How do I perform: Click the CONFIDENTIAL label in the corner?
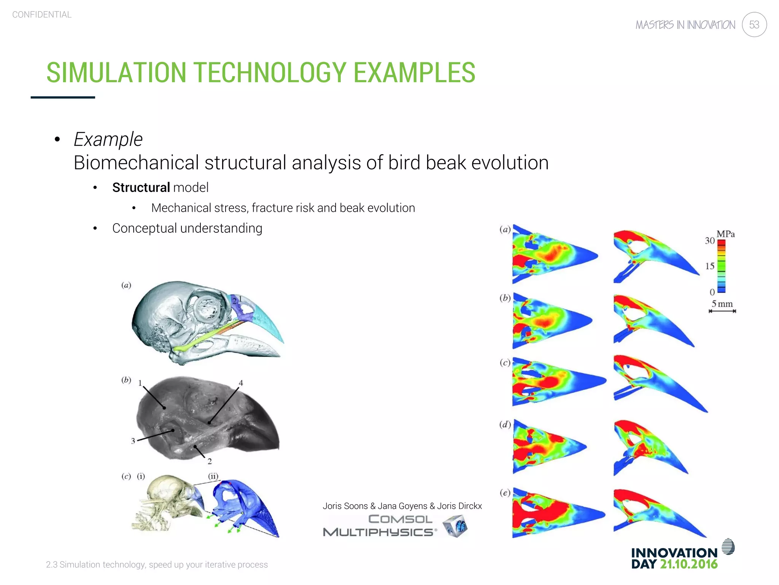(x=42, y=14)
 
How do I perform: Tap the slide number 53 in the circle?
(x=754, y=25)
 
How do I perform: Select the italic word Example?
(x=108, y=139)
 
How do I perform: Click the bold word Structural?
(x=141, y=187)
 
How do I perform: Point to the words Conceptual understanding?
(x=187, y=228)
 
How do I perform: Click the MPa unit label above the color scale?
(x=725, y=234)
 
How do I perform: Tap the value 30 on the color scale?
(x=709, y=241)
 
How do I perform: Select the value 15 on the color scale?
(x=709, y=266)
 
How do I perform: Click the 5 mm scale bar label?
(x=722, y=304)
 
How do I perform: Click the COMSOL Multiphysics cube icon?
(x=455, y=526)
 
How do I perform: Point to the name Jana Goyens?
(x=402, y=506)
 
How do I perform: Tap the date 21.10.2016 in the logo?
(x=688, y=564)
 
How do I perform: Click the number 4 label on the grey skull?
(x=241, y=383)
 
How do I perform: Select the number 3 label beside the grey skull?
(x=133, y=441)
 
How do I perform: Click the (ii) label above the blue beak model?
(x=213, y=476)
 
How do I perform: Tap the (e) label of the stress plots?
(x=505, y=493)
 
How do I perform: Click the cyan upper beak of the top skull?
(x=266, y=320)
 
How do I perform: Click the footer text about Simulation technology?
(x=157, y=564)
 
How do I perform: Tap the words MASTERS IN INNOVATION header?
(x=685, y=25)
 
